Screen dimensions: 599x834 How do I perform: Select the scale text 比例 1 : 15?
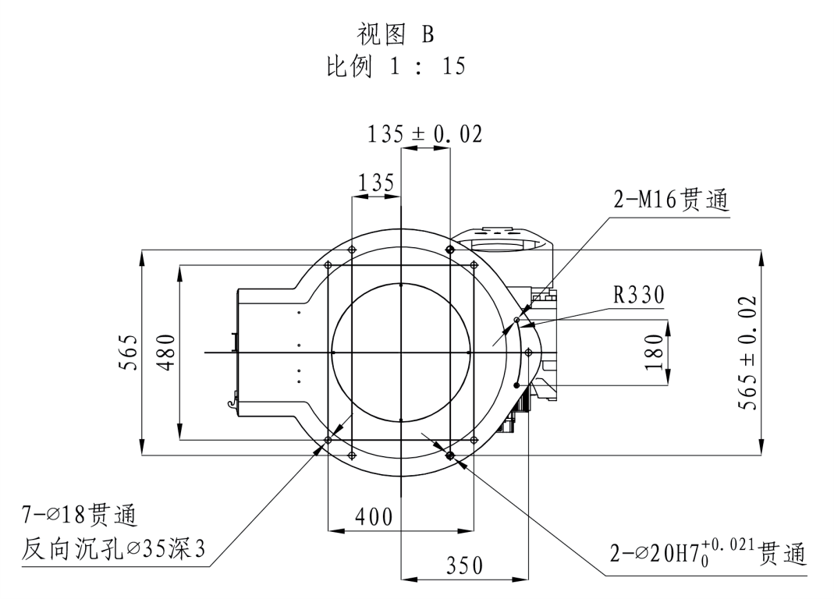tap(395, 66)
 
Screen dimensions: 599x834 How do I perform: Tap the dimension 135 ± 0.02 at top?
tap(424, 134)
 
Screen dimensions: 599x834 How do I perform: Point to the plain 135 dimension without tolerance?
tap(376, 183)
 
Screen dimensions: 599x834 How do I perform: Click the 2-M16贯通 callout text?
tap(670, 201)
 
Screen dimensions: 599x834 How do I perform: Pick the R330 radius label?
tap(638, 295)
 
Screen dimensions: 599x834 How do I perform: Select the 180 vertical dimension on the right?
tap(655, 353)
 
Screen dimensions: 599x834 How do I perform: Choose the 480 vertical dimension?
tap(166, 353)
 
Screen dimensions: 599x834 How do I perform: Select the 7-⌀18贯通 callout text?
tap(79, 516)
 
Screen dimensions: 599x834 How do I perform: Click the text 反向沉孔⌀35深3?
tap(113, 550)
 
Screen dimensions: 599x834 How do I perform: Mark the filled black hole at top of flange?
tap(449, 250)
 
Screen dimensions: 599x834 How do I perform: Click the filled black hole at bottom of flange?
tap(449, 455)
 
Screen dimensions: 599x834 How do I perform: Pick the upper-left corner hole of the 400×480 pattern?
tap(328, 265)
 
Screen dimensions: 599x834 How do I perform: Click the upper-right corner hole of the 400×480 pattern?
tap(474, 265)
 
